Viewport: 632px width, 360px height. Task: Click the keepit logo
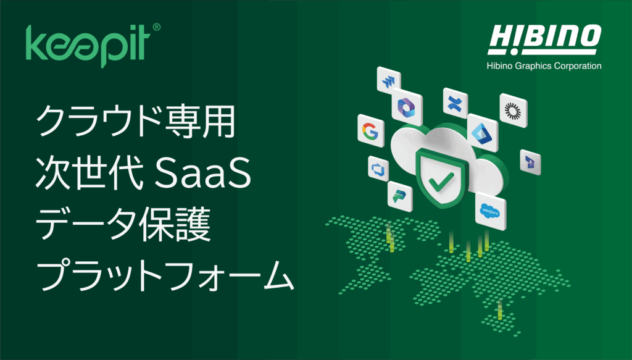pyautogui.click(x=88, y=45)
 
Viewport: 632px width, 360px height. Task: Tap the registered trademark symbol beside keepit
pyautogui.click(x=156, y=27)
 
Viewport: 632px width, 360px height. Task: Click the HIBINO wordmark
pyautogui.click(x=544, y=40)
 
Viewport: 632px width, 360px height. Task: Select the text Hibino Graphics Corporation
pyautogui.click(x=544, y=65)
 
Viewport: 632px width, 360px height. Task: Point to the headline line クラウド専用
pyautogui.click(x=136, y=121)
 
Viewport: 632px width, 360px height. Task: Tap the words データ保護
pyautogui.click(x=123, y=225)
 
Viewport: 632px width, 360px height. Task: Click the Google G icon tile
pyautogui.click(x=370, y=131)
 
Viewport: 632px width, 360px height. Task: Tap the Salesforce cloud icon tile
pyautogui.click(x=490, y=212)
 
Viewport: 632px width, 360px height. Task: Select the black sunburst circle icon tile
pyautogui.click(x=513, y=111)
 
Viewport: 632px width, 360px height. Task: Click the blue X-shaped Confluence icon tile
pyautogui.click(x=455, y=103)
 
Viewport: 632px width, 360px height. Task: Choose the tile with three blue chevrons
pyautogui.click(x=389, y=81)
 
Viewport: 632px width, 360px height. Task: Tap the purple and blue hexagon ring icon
pyautogui.click(x=407, y=107)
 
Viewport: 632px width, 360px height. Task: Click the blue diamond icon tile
pyautogui.click(x=483, y=133)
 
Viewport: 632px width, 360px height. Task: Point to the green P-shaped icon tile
pyautogui.click(x=399, y=197)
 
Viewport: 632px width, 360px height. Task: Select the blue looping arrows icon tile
pyautogui.click(x=378, y=169)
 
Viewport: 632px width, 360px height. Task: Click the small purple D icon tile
pyautogui.click(x=530, y=162)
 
